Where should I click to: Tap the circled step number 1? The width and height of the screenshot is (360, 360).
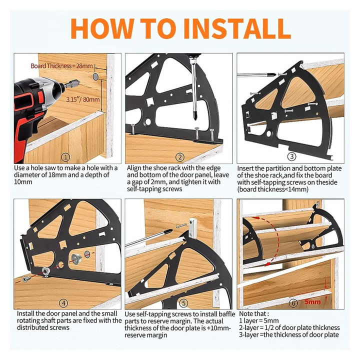tap(65, 157)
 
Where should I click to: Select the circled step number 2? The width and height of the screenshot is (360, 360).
tap(180, 157)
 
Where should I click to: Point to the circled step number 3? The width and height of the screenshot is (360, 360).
tap(291, 157)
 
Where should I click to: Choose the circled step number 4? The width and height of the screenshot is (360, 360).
tap(63, 303)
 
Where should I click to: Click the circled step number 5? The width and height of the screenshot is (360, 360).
tap(183, 303)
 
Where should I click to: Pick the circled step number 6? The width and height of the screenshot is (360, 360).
tap(293, 303)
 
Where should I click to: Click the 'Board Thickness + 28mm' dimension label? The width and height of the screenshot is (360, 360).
tap(62, 66)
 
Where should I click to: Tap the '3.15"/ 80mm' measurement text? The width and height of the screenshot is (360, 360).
tap(83, 99)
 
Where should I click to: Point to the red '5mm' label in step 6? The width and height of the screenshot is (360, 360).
tap(312, 301)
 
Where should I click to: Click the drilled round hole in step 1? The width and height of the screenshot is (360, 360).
tap(95, 76)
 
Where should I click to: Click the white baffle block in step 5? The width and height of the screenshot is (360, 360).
tap(192, 228)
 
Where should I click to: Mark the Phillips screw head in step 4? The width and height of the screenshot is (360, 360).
tap(25, 279)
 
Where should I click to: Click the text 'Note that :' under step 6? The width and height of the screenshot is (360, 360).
tap(253, 313)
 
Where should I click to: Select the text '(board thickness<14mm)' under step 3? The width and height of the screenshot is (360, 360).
tap(273, 189)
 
